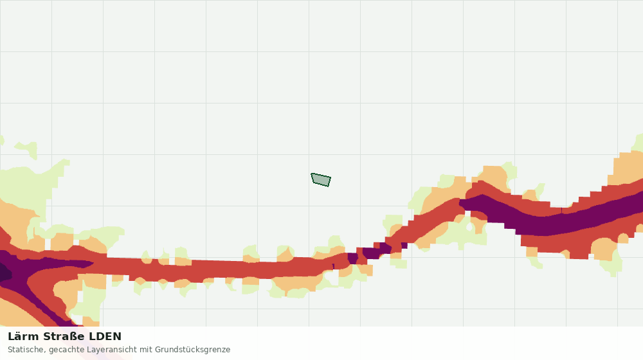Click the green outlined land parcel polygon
tap(321, 179)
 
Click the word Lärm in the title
tap(23, 337)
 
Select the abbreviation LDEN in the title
tap(105, 337)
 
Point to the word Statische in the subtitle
tap(26, 350)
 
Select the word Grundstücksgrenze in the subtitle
tap(192, 350)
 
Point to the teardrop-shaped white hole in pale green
tap(469, 226)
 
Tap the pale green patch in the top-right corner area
tap(638, 143)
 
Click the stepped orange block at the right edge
tap(626, 169)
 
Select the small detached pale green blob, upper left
tap(27, 149)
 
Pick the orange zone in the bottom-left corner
tap(17, 312)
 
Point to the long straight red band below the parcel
tap(213, 269)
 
